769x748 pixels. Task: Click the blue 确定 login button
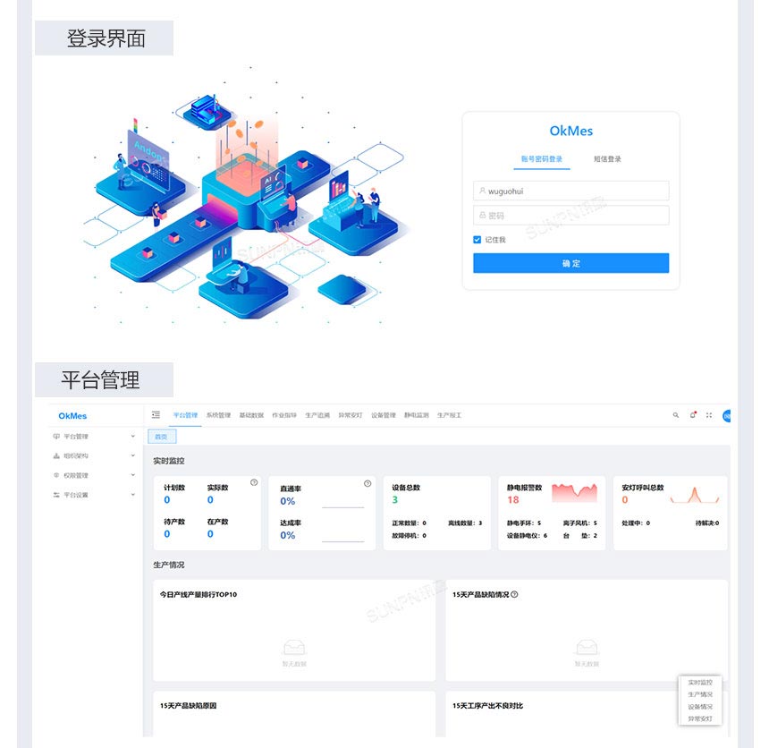(570, 263)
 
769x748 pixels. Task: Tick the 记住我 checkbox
(477, 240)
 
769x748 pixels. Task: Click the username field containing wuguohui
(570, 191)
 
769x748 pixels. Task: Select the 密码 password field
(570, 215)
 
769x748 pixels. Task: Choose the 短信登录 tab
(607, 159)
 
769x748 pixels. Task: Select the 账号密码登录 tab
(542, 159)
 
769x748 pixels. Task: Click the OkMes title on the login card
(570, 131)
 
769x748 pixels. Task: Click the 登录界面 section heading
(105, 38)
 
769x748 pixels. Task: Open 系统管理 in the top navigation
(218, 415)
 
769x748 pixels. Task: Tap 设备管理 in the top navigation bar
(383, 415)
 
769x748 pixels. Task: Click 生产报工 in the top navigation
(449, 415)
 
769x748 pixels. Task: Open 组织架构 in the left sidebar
(76, 456)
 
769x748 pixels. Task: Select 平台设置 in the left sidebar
(76, 495)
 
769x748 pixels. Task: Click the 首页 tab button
(162, 437)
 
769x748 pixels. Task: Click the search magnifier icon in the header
(676, 415)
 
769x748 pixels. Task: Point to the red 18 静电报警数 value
(513, 500)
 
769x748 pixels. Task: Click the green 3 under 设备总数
(394, 500)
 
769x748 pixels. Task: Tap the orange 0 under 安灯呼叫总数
(625, 500)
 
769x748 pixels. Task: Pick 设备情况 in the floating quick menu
(700, 706)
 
